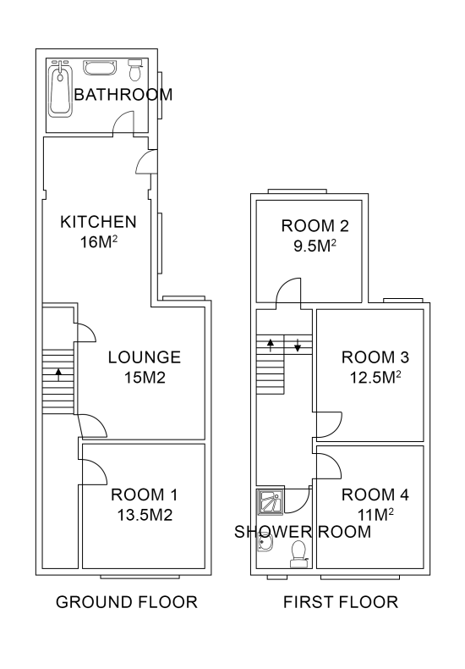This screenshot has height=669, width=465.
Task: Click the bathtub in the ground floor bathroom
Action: (x=60, y=89)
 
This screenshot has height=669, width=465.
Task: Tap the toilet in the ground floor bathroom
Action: (x=135, y=70)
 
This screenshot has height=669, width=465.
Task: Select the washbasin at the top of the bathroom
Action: (x=100, y=68)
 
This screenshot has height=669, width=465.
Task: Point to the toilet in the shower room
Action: (x=298, y=554)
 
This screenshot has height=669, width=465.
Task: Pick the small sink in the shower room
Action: (x=265, y=544)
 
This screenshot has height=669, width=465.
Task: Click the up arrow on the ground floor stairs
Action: (x=58, y=374)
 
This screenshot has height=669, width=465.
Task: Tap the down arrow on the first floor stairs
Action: (x=298, y=346)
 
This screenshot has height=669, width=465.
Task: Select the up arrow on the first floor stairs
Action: (x=271, y=345)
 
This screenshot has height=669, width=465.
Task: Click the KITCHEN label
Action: (x=98, y=222)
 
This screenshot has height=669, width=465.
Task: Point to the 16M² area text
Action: (x=99, y=242)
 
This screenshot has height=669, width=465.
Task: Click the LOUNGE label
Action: (x=145, y=357)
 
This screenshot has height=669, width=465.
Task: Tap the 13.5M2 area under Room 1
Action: (x=145, y=515)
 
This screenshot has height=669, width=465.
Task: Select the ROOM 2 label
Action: (x=315, y=226)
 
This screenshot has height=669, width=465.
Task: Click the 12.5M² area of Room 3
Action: (x=375, y=377)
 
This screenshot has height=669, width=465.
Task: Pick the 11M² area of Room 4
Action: (x=375, y=515)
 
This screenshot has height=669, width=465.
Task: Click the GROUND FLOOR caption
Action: (x=127, y=602)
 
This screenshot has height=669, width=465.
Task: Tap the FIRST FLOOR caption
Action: (x=341, y=602)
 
